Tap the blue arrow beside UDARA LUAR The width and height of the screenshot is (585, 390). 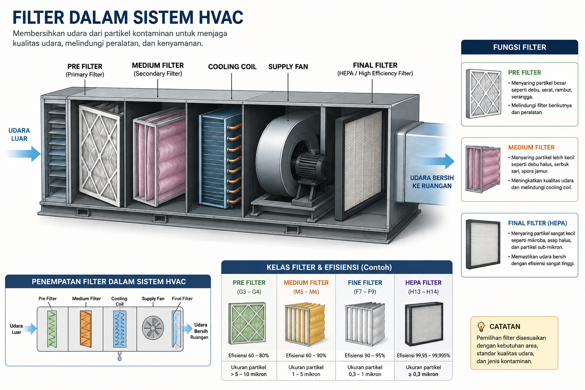pyautogui.click(x=24, y=154)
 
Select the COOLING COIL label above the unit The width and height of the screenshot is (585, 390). pyautogui.click(x=232, y=67)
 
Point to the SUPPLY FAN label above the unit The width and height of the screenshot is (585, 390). pyautogui.click(x=288, y=67)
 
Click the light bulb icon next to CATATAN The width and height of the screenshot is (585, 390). pyautogui.click(x=481, y=326)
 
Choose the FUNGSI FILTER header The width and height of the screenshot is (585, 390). pyautogui.click(x=519, y=47)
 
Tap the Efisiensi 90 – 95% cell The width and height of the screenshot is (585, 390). pyautogui.click(x=365, y=355)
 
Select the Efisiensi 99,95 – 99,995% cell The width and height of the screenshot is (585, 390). pyautogui.click(x=424, y=355)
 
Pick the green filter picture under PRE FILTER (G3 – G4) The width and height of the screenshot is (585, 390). pyautogui.click(x=247, y=323)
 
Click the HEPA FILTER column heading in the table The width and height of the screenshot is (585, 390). pyautogui.click(x=424, y=283)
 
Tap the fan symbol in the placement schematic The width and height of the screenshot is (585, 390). pyautogui.click(x=153, y=328)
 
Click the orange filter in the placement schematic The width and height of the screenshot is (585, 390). pyautogui.click(x=86, y=329)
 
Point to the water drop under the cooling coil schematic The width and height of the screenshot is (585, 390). pyautogui.click(x=120, y=358)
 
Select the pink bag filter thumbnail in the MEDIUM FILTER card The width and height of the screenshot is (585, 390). pyautogui.click(x=483, y=169)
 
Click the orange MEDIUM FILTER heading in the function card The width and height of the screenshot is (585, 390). pyautogui.click(x=531, y=148)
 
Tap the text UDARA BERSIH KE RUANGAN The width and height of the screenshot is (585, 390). pyautogui.click(x=432, y=182)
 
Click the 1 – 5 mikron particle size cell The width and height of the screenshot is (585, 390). pyautogui.click(x=306, y=374)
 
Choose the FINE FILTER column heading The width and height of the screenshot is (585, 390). pyautogui.click(x=365, y=283)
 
